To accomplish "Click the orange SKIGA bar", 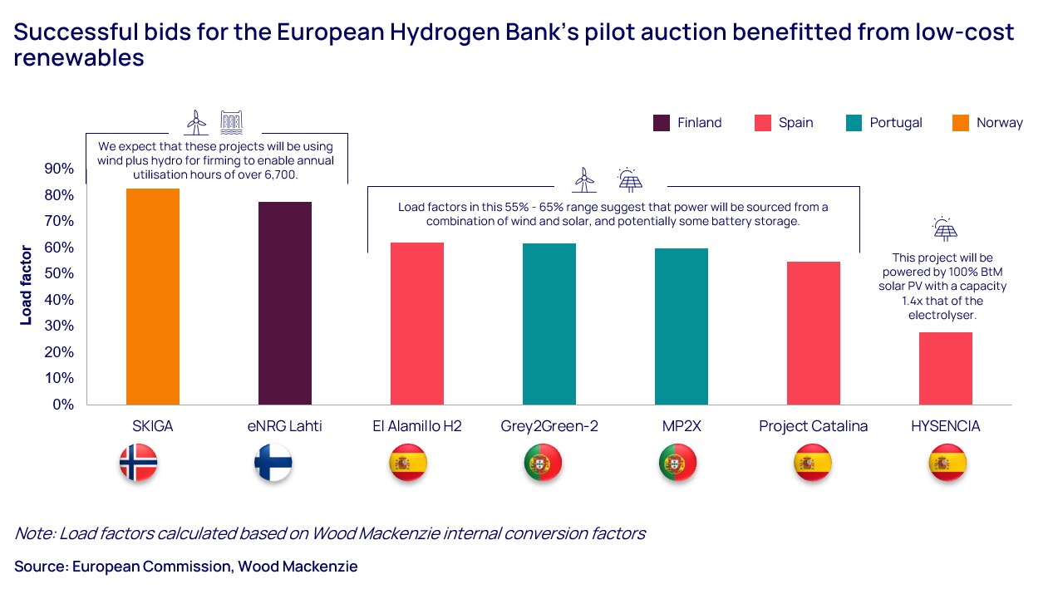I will pos(153,297).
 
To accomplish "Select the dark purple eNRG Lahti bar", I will pos(285,303).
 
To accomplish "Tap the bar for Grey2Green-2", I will pos(549,324).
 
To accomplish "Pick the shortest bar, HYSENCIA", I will pos(945,368).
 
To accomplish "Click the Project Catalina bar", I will pos(813,333).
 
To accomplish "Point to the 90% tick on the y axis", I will pos(58,169).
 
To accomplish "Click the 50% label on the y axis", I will pos(58,273).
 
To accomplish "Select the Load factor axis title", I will pos(26,285).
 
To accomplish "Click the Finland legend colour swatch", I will pos(662,123).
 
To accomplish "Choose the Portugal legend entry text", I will pos(895,123).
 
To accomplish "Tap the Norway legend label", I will pos(999,123).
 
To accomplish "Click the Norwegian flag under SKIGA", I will pos(138,464).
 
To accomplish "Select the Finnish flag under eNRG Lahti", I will pos(273,464).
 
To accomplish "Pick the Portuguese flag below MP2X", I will pos(677,464).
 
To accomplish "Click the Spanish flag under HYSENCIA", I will pos(947,464).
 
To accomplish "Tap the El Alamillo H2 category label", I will pos(416,426).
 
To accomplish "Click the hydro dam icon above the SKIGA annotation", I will pos(231,122).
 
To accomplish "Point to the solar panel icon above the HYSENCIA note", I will pos(945,229).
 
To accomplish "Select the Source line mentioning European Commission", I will pos(186,567).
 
